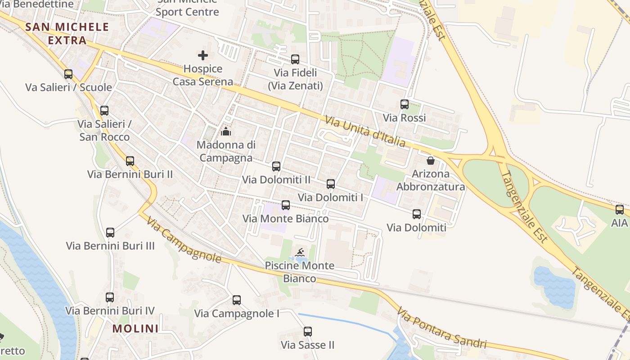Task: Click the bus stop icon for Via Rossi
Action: coord(405,104)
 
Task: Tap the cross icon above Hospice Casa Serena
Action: coord(203,55)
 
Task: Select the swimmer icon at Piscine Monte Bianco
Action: coord(299,252)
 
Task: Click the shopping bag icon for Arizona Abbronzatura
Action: coord(431,160)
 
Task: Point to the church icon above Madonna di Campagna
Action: coord(226,131)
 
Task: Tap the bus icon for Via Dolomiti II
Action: coord(276,166)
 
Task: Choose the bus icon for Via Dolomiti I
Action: coord(331,184)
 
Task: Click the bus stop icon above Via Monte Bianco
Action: coord(286,205)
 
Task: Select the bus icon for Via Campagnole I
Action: coord(237,300)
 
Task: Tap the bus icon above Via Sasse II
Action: coord(308,332)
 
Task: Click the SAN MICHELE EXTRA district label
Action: coord(67,33)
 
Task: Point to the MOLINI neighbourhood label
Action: coord(135,328)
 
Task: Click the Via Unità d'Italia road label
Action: coord(364,131)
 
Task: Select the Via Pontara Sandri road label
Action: coord(441,328)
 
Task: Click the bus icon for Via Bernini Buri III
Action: coord(110,233)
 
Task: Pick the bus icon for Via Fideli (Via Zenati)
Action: coord(295,59)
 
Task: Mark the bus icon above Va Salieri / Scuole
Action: coord(68,74)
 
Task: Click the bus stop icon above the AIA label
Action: coord(620,209)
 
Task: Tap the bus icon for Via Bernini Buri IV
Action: coord(110,297)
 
